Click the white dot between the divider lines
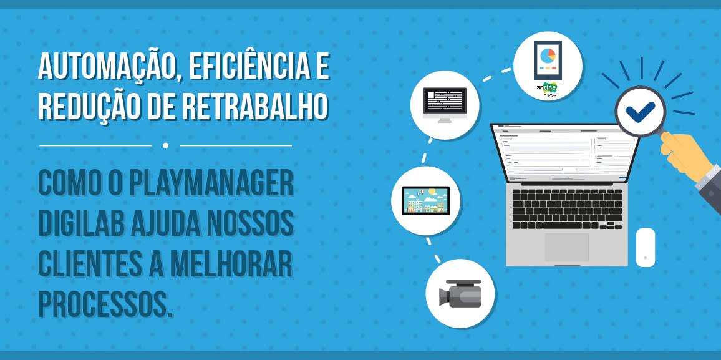click(165, 145)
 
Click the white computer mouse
click(646, 247)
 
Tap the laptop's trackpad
click(566, 247)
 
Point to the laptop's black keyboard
click(566, 207)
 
